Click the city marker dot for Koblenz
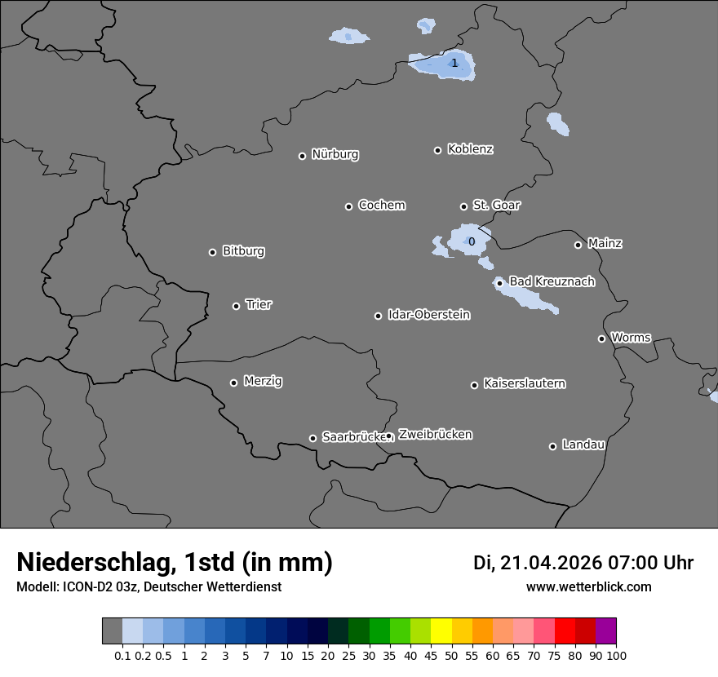tap(437, 150)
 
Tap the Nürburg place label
tap(335, 154)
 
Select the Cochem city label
tap(381, 205)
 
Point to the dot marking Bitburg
tap(212, 252)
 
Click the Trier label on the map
tap(259, 304)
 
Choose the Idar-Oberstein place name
tap(428, 314)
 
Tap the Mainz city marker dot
tap(578, 245)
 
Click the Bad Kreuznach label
tap(552, 281)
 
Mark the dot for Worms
tap(601, 338)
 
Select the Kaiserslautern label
tap(524, 383)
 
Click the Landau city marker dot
tap(552, 446)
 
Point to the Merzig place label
tap(263, 381)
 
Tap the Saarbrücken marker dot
tap(312, 438)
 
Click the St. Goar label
tap(496, 205)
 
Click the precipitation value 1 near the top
tap(454, 63)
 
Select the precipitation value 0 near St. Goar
tap(471, 241)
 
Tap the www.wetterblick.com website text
tap(588, 586)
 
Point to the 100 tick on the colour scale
tap(617, 655)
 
